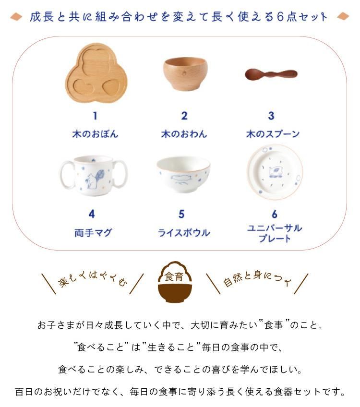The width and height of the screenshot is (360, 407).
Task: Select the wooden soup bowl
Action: tap(185, 74)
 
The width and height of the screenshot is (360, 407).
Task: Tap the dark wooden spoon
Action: tap(271, 74)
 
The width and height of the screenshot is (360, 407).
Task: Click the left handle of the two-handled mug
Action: tap(67, 174)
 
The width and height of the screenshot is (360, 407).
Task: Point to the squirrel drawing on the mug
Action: tap(94, 179)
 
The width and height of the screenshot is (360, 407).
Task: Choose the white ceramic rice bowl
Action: tap(183, 174)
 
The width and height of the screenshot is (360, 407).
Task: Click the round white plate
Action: tap(275, 172)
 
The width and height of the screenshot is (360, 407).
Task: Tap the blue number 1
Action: tap(95, 116)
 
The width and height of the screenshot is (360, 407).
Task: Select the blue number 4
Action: tap(92, 214)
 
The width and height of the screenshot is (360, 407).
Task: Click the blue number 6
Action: tap(275, 214)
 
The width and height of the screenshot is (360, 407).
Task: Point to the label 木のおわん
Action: tap(184, 134)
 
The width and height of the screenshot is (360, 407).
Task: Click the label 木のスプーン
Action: tap(273, 134)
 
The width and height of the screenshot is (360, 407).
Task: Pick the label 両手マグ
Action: tap(94, 233)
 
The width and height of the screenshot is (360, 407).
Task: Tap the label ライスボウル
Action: tap(184, 233)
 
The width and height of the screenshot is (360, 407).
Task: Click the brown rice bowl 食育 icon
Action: tap(175, 282)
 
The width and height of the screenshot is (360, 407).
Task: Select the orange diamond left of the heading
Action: tap(16, 17)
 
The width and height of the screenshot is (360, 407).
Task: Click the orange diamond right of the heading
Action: tap(343, 16)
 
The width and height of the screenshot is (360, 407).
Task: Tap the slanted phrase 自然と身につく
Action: tap(257, 278)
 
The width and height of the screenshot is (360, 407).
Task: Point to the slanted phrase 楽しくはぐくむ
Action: tap(93, 279)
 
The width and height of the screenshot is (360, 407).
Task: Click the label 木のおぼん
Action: tap(95, 134)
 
